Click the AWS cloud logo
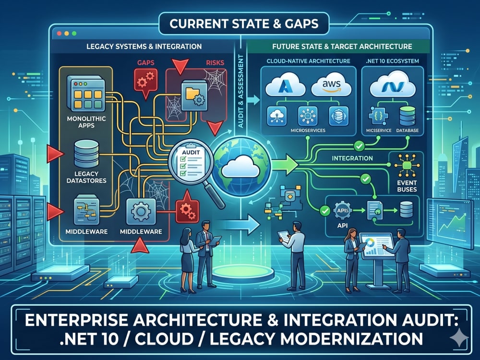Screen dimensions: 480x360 pos(331,86)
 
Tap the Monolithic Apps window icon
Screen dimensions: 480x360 pos(86,94)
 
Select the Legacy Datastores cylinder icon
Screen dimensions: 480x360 pos(86,154)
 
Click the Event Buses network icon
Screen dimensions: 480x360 pos(407,165)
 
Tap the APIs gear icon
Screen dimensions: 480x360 pos(342,211)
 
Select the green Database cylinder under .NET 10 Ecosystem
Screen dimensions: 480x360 pos(408,116)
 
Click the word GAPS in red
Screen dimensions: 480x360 pos(146,63)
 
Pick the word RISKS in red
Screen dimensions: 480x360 pos(215,63)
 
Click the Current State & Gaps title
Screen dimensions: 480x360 pos(244,24)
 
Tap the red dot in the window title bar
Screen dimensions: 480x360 pos(60,34)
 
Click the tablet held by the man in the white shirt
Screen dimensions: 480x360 pos(284,236)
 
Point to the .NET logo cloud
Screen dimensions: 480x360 pos(393,84)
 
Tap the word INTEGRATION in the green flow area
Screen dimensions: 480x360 pos(352,158)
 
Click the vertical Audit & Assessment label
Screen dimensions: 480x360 pos(240,91)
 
